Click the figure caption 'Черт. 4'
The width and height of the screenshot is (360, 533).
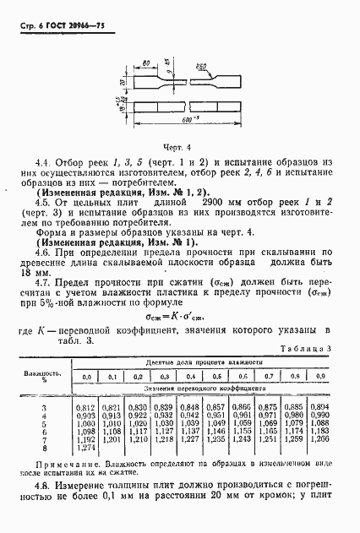[178, 147]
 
